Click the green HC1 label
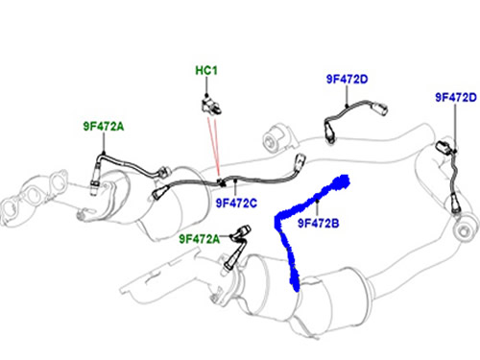[206, 70]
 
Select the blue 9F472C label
[236, 203]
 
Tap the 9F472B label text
[318, 223]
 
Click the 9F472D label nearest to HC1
[348, 79]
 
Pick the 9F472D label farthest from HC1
[456, 97]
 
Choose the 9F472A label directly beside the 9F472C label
[199, 239]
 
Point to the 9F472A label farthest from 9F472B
[104, 127]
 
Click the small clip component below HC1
[211, 105]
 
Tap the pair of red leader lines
[214, 147]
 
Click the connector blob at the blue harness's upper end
[341, 182]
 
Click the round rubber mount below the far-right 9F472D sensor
[465, 229]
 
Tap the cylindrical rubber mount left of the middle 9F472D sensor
[276, 138]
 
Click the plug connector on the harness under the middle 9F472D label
[379, 108]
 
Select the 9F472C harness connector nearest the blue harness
[300, 160]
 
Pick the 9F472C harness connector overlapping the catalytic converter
[159, 192]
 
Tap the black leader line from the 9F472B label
[317, 208]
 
